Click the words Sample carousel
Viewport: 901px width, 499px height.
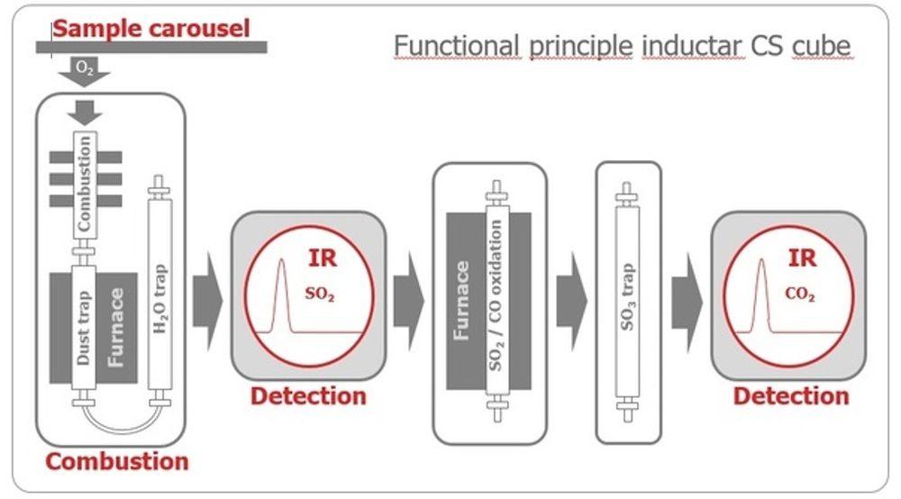[150, 28]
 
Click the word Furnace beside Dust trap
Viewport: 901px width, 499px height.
[116, 329]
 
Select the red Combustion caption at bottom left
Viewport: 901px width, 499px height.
[117, 462]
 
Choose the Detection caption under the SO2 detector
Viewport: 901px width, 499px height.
[308, 396]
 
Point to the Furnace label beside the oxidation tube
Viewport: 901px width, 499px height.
[461, 301]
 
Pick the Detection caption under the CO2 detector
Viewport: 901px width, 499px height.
[790, 396]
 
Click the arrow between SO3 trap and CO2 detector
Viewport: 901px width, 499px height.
[686, 303]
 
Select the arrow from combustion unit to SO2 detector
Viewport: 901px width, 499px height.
[207, 303]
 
